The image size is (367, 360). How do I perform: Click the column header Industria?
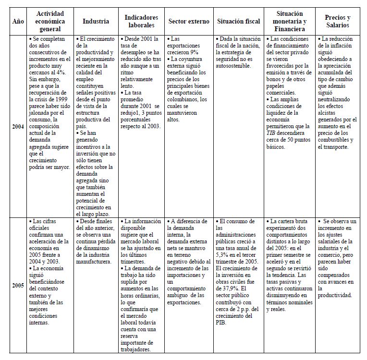click(96, 21)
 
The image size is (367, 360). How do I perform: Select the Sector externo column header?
click(189, 21)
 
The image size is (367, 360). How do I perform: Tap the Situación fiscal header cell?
click(238, 21)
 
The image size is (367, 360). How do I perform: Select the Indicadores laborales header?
click(142, 21)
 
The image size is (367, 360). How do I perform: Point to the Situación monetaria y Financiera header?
click(290, 21)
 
